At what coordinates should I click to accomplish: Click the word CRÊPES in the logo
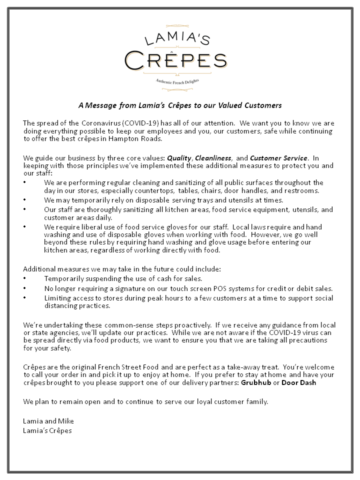click(176, 60)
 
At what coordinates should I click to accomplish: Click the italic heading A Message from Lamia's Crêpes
click(180, 105)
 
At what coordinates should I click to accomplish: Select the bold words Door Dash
click(299, 383)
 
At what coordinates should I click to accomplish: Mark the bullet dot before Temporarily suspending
click(25, 278)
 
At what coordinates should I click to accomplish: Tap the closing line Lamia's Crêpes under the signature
click(47, 430)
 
